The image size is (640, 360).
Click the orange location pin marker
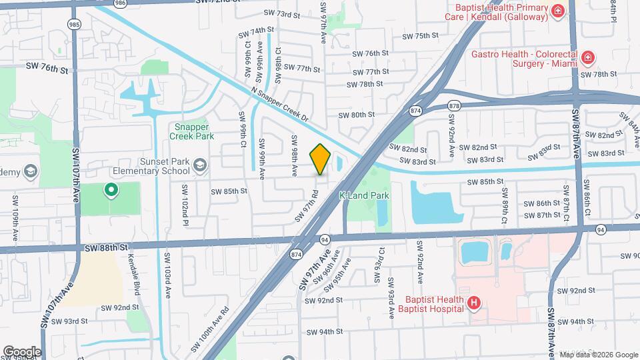click(321, 159)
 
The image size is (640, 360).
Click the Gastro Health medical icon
click(587, 59)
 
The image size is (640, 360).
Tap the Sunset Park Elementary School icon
click(199, 165)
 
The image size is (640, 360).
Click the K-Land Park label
click(364, 196)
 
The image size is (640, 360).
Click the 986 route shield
click(120, 3)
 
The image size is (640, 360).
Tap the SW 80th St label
click(356, 115)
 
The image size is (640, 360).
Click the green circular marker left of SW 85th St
click(111, 191)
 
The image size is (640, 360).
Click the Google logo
click(22, 351)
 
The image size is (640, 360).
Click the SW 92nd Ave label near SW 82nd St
click(451, 136)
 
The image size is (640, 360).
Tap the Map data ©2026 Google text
click(597, 354)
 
